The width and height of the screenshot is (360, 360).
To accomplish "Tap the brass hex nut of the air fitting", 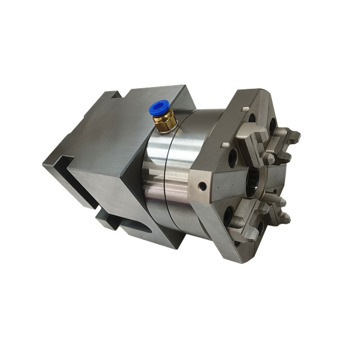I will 164,123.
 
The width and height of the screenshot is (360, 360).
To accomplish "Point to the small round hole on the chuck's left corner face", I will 203,187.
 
